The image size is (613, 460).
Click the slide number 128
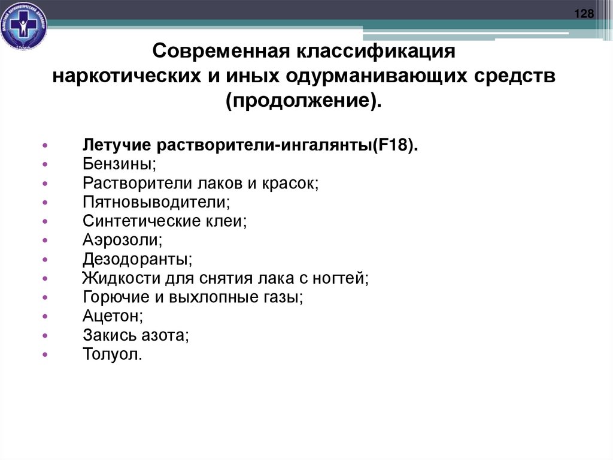[584, 14]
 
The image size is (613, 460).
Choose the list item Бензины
[120, 164]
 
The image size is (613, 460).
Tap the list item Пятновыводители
[157, 202]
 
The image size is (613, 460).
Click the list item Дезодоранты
[138, 259]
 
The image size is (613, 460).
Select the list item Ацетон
[114, 316]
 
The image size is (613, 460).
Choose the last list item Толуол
[113, 354]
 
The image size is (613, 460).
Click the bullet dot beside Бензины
[45, 165]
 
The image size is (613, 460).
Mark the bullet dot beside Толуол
[45, 355]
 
